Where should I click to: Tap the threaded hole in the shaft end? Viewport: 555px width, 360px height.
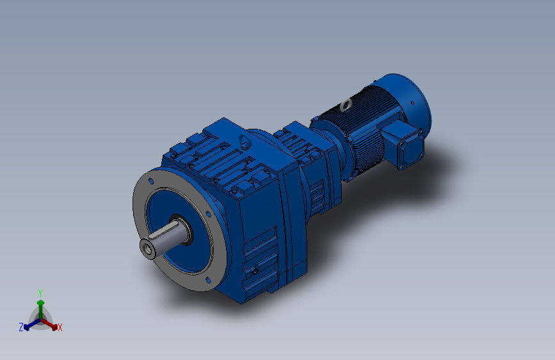(148, 250)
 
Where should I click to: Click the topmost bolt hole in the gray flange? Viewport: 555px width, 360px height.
(151, 181)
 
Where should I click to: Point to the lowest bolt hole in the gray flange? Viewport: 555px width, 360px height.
(208, 281)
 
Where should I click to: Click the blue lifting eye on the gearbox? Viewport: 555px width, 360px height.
(245, 142)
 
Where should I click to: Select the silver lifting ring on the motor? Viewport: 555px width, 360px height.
(346, 105)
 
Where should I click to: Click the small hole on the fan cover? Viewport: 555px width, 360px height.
(412, 103)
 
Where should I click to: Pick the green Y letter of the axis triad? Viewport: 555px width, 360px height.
(40, 293)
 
